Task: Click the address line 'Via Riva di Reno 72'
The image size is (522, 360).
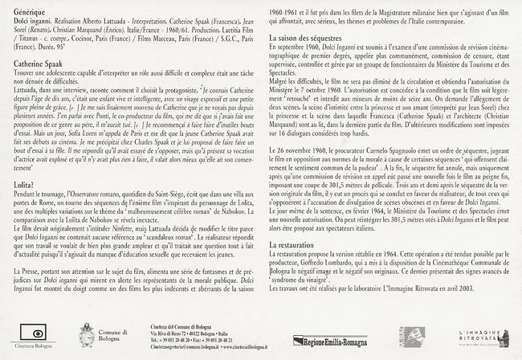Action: pos(179,333)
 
